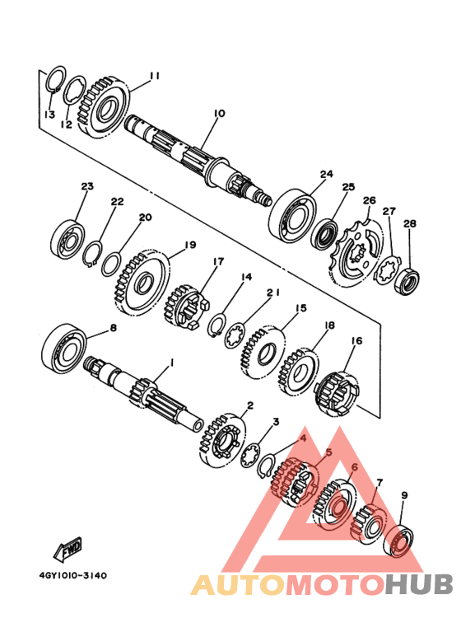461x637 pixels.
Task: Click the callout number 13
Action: pyautogui.click(x=49, y=115)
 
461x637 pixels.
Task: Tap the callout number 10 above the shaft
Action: pyautogui.click(x=219, y=114)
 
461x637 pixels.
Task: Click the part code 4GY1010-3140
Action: pyautogui.click(x=73, y=576)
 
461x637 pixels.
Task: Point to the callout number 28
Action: pyautogui.click(x=410, y=223)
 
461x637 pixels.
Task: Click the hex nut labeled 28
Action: pyautogui.click(x=407, y=280)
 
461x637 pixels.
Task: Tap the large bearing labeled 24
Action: pyautogui.click(x=293, y=215)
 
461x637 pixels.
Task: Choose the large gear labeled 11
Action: pyautogui.click(x=105, y=107)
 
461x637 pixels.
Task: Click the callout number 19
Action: pyautogui.click(x=190, y=245)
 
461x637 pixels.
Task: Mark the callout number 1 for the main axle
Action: pyautogui.click(x=171, y=362)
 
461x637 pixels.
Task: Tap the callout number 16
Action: pyautogui.click(x=356, y=341)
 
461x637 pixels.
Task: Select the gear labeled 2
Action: pyautogui.click(x=223, y=441)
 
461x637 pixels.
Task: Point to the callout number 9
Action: pyautogui.click(x=404, y=495)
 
